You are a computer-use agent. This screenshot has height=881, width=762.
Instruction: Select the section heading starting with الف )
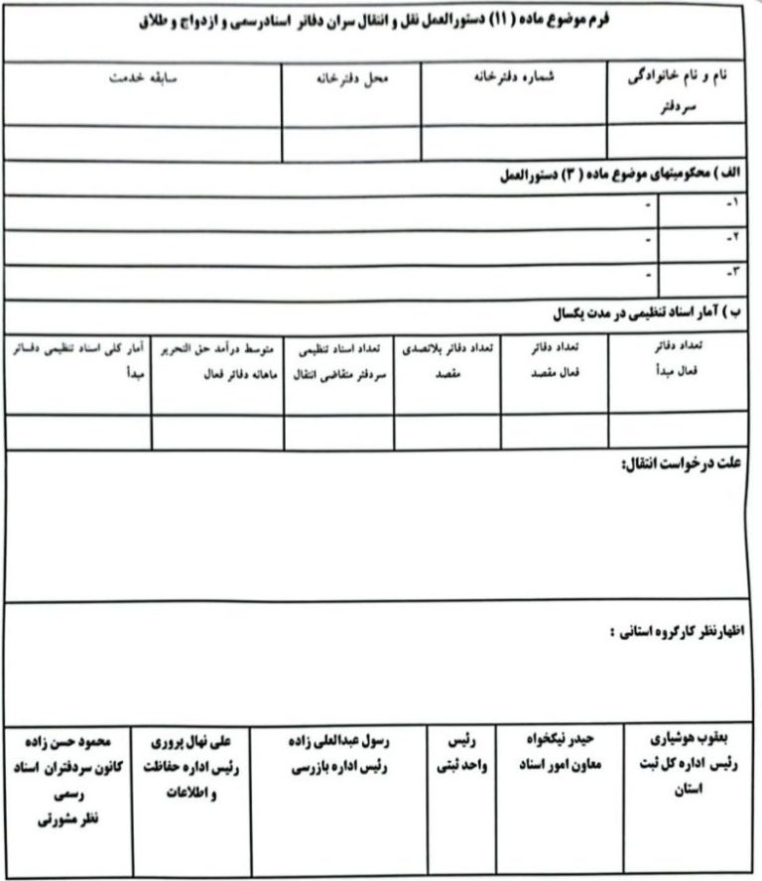tap(619, 175)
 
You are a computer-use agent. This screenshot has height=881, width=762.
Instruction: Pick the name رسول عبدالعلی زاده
tap(338, 740)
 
